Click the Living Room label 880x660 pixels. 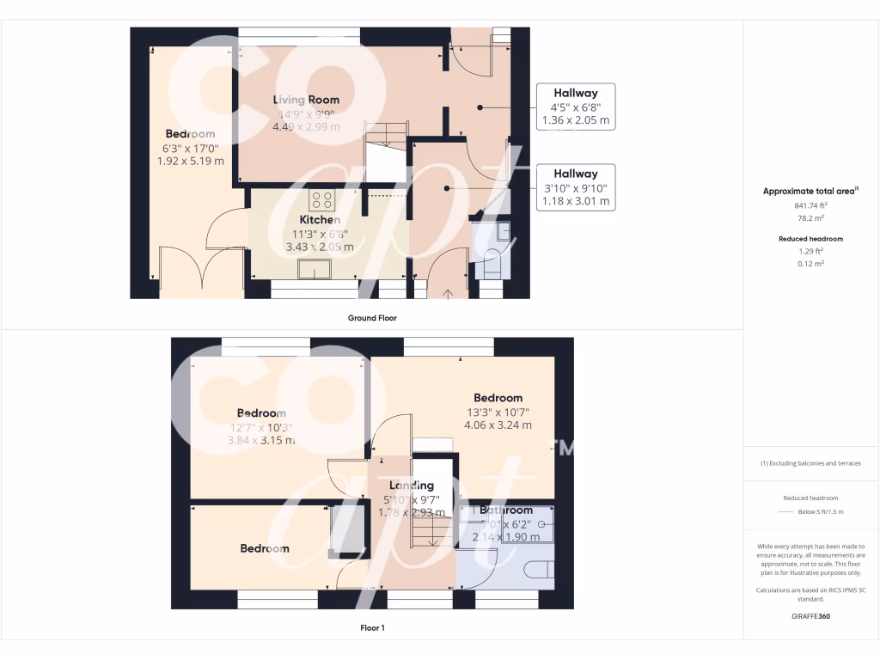pyautogui.click(x=306, y=100)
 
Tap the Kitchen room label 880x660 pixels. pyautogui.click(x=320, y=220)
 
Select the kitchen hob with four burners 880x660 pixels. pyautogui.click(x=322, y=200)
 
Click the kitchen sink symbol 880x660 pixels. pyautogui.click(x=315, y=269)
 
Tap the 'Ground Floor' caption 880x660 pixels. pyautogui.click(x=371, y=318)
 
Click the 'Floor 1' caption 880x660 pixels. pyautogui.click(x=372, y=628)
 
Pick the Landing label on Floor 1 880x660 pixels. pyautogui.click(x=412, y=486)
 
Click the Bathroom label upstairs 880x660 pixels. pyautogui.click(x=506, y=510)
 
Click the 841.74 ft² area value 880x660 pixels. pyautogui.click(x=811, y=206)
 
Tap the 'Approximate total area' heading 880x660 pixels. pyautogui.click(x=810, y=192)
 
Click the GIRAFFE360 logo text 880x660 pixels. pyautogui.click(x=811, y=616)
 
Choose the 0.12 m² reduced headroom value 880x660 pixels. pyautogui.click(x=811, y=264)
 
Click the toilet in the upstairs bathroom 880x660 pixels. pyautogui.click(x=535, y=571)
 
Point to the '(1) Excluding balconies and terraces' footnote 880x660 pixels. pyautogui.click(x=810, y=463)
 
